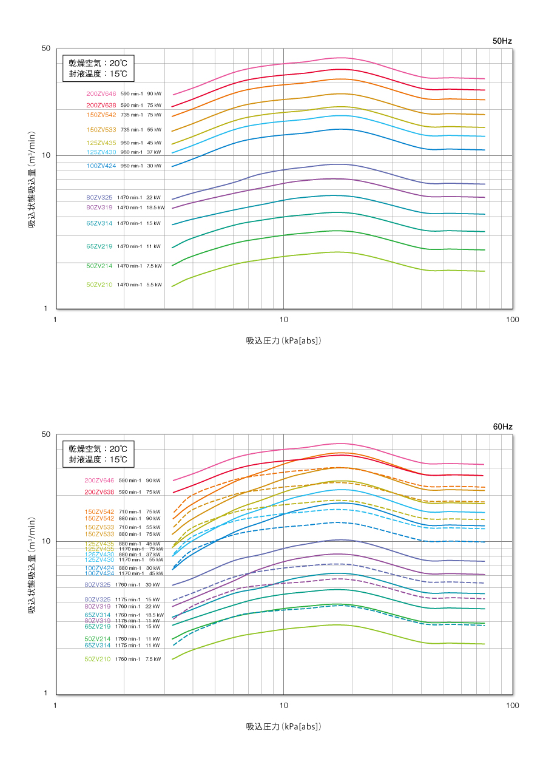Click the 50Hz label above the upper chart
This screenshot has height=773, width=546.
pyautogui.click(x=502, y=41)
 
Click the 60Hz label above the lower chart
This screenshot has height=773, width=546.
pyautogui.click(x=502, y=427)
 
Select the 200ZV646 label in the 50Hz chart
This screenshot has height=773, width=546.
pyautogui.click(x=101, y=93)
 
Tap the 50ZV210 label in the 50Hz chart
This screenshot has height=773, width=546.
pyautogui.click(x=99, y=285)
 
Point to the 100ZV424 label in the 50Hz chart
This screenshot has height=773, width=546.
pyautogui.click(x=101, y=166)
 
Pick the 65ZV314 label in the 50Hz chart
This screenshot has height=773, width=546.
pyautogui.click(x=99, y=223)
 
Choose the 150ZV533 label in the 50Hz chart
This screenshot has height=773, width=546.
pyautogui.click(x=101, y=129)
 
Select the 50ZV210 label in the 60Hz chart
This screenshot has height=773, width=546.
pyautogui.click(x=98, y=659)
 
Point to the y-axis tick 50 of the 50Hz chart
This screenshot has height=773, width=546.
pyautogui.click(x=45, y=49)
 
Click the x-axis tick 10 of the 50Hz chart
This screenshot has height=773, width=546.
pyautogui.click(x=283, y=319)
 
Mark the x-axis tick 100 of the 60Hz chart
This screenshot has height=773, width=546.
pyautogui.click(x=512, y=705)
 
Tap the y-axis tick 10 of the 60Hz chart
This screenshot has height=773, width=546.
pyautogui.click(x=45, y=541)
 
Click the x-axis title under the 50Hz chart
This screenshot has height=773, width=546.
pyautogui.click(x=283, y=340)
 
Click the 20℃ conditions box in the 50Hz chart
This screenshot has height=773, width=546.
pyautogui.click(x=98, y=68)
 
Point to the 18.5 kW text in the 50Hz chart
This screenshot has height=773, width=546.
pyautogui.click(x=155, y=208)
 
